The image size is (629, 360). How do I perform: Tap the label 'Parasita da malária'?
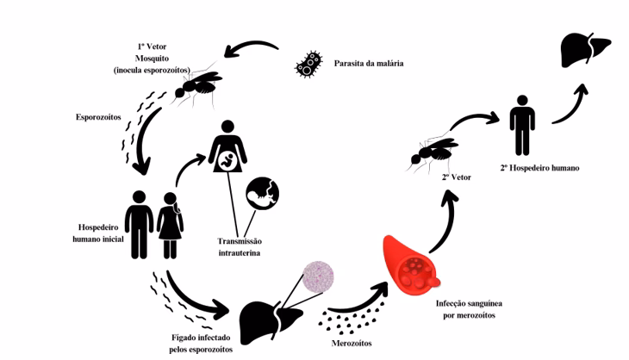368,63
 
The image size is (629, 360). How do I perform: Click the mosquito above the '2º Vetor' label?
433,151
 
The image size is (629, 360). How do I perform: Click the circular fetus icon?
264,194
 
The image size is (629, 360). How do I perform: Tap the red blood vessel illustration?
410,264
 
